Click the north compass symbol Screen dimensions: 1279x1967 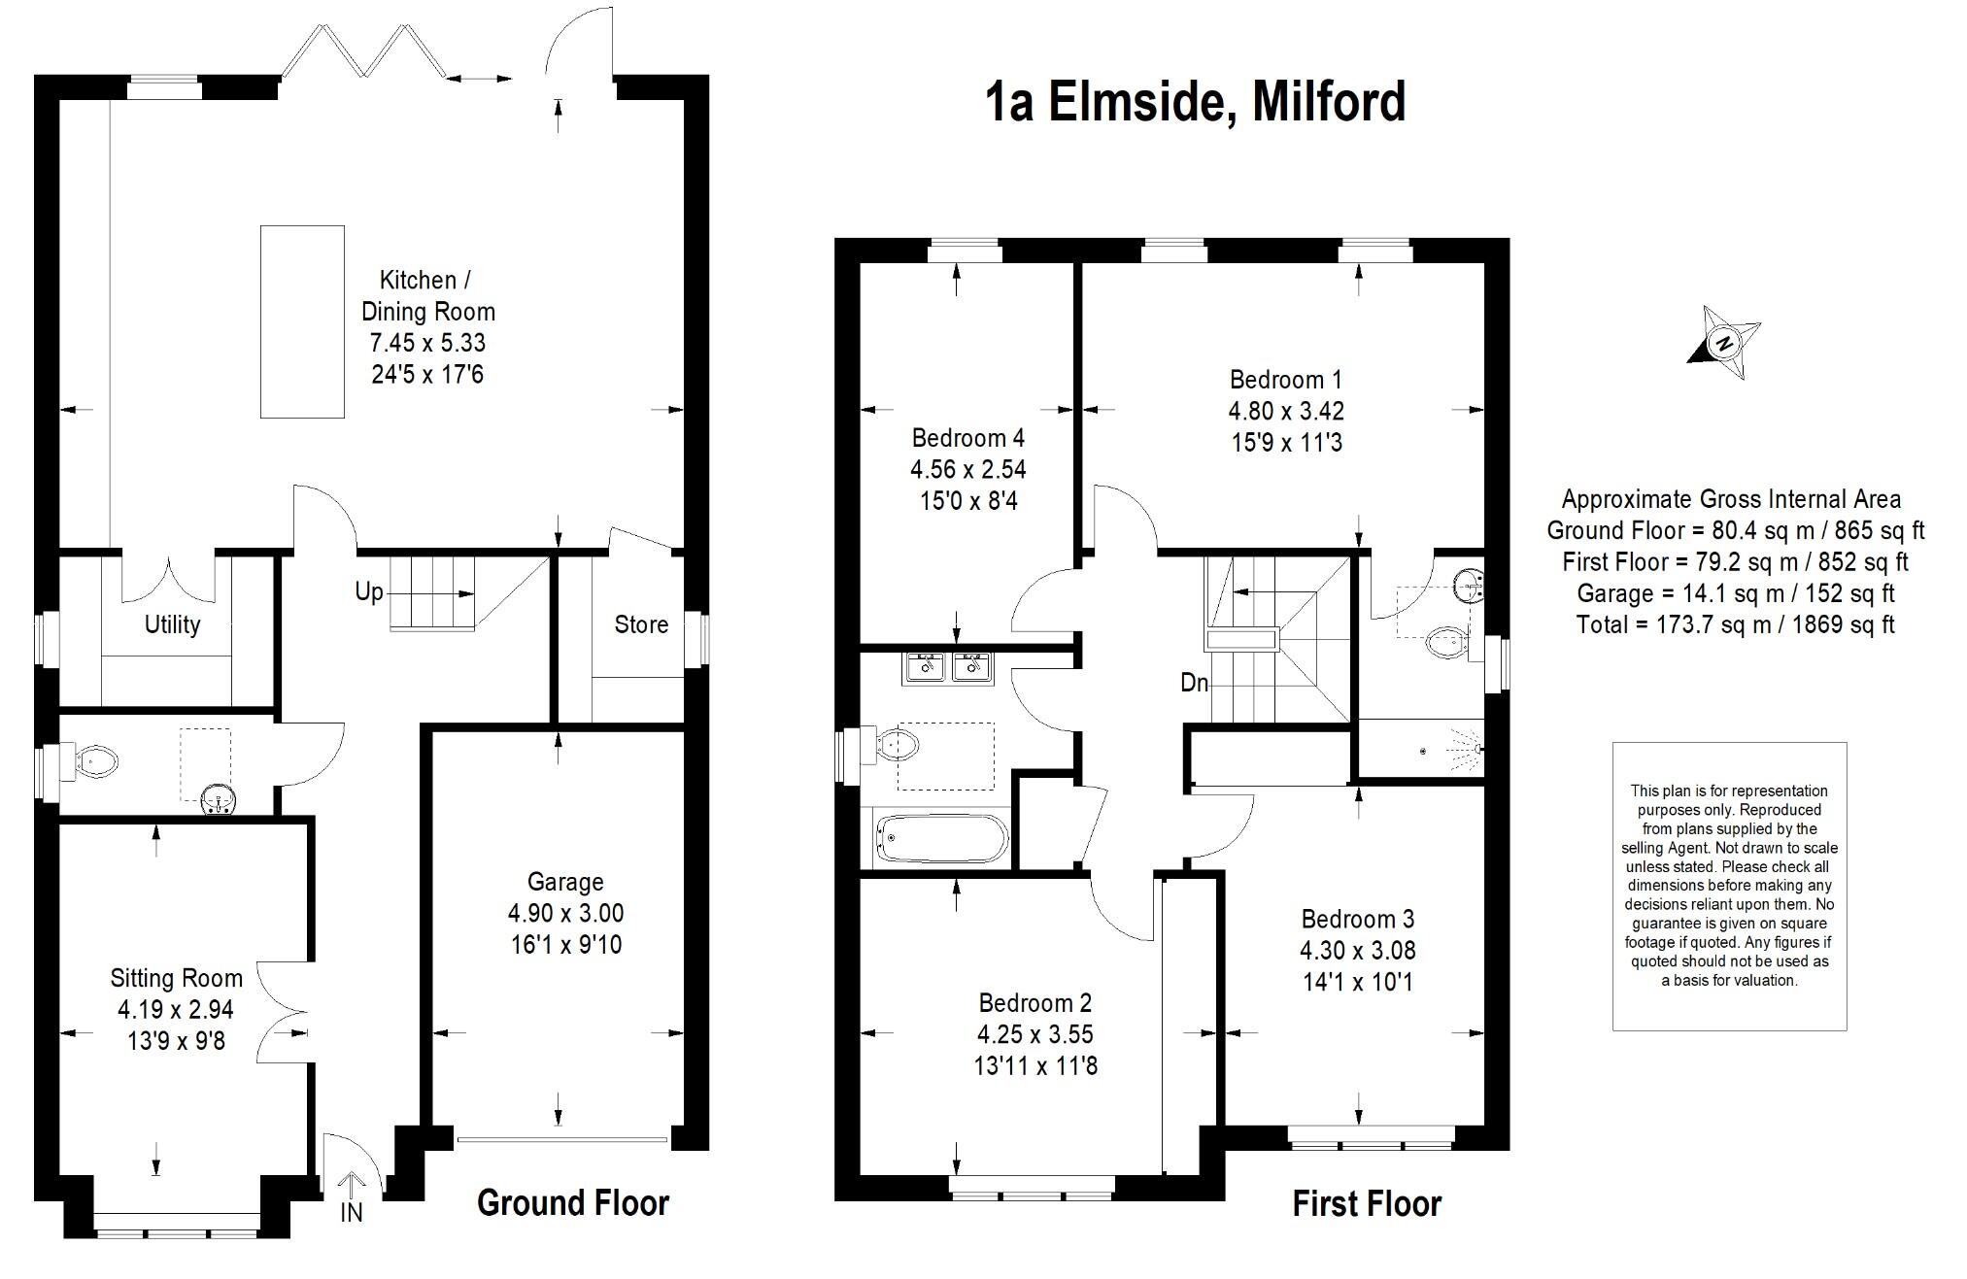tap(1725, 343)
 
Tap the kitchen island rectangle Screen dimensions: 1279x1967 tap(302, 321)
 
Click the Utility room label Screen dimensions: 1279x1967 tap(172, 624)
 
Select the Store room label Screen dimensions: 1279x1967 tap(641, 624)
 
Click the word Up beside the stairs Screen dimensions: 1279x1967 tap(368, 591)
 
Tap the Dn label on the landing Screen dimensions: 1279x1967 tap(1194, 683)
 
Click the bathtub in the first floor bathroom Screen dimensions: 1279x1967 tap(943, 838)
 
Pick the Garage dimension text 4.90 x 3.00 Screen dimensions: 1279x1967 tap(565, 913)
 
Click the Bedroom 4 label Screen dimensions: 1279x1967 tap(967, 438)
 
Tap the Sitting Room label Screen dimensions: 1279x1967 tap(176, 978)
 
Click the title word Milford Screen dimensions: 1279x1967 tap(1329, 102)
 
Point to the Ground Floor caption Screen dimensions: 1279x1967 tap(573, 1203)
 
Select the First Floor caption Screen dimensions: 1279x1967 tap(1366, 1204)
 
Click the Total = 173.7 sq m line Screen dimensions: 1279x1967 tap(1735, 624)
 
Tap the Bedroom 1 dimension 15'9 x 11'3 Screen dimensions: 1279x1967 tap(1286, 443)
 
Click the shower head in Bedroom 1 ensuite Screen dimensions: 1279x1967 tap(1471, 750)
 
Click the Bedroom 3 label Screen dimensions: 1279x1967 tap(1357, 919)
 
